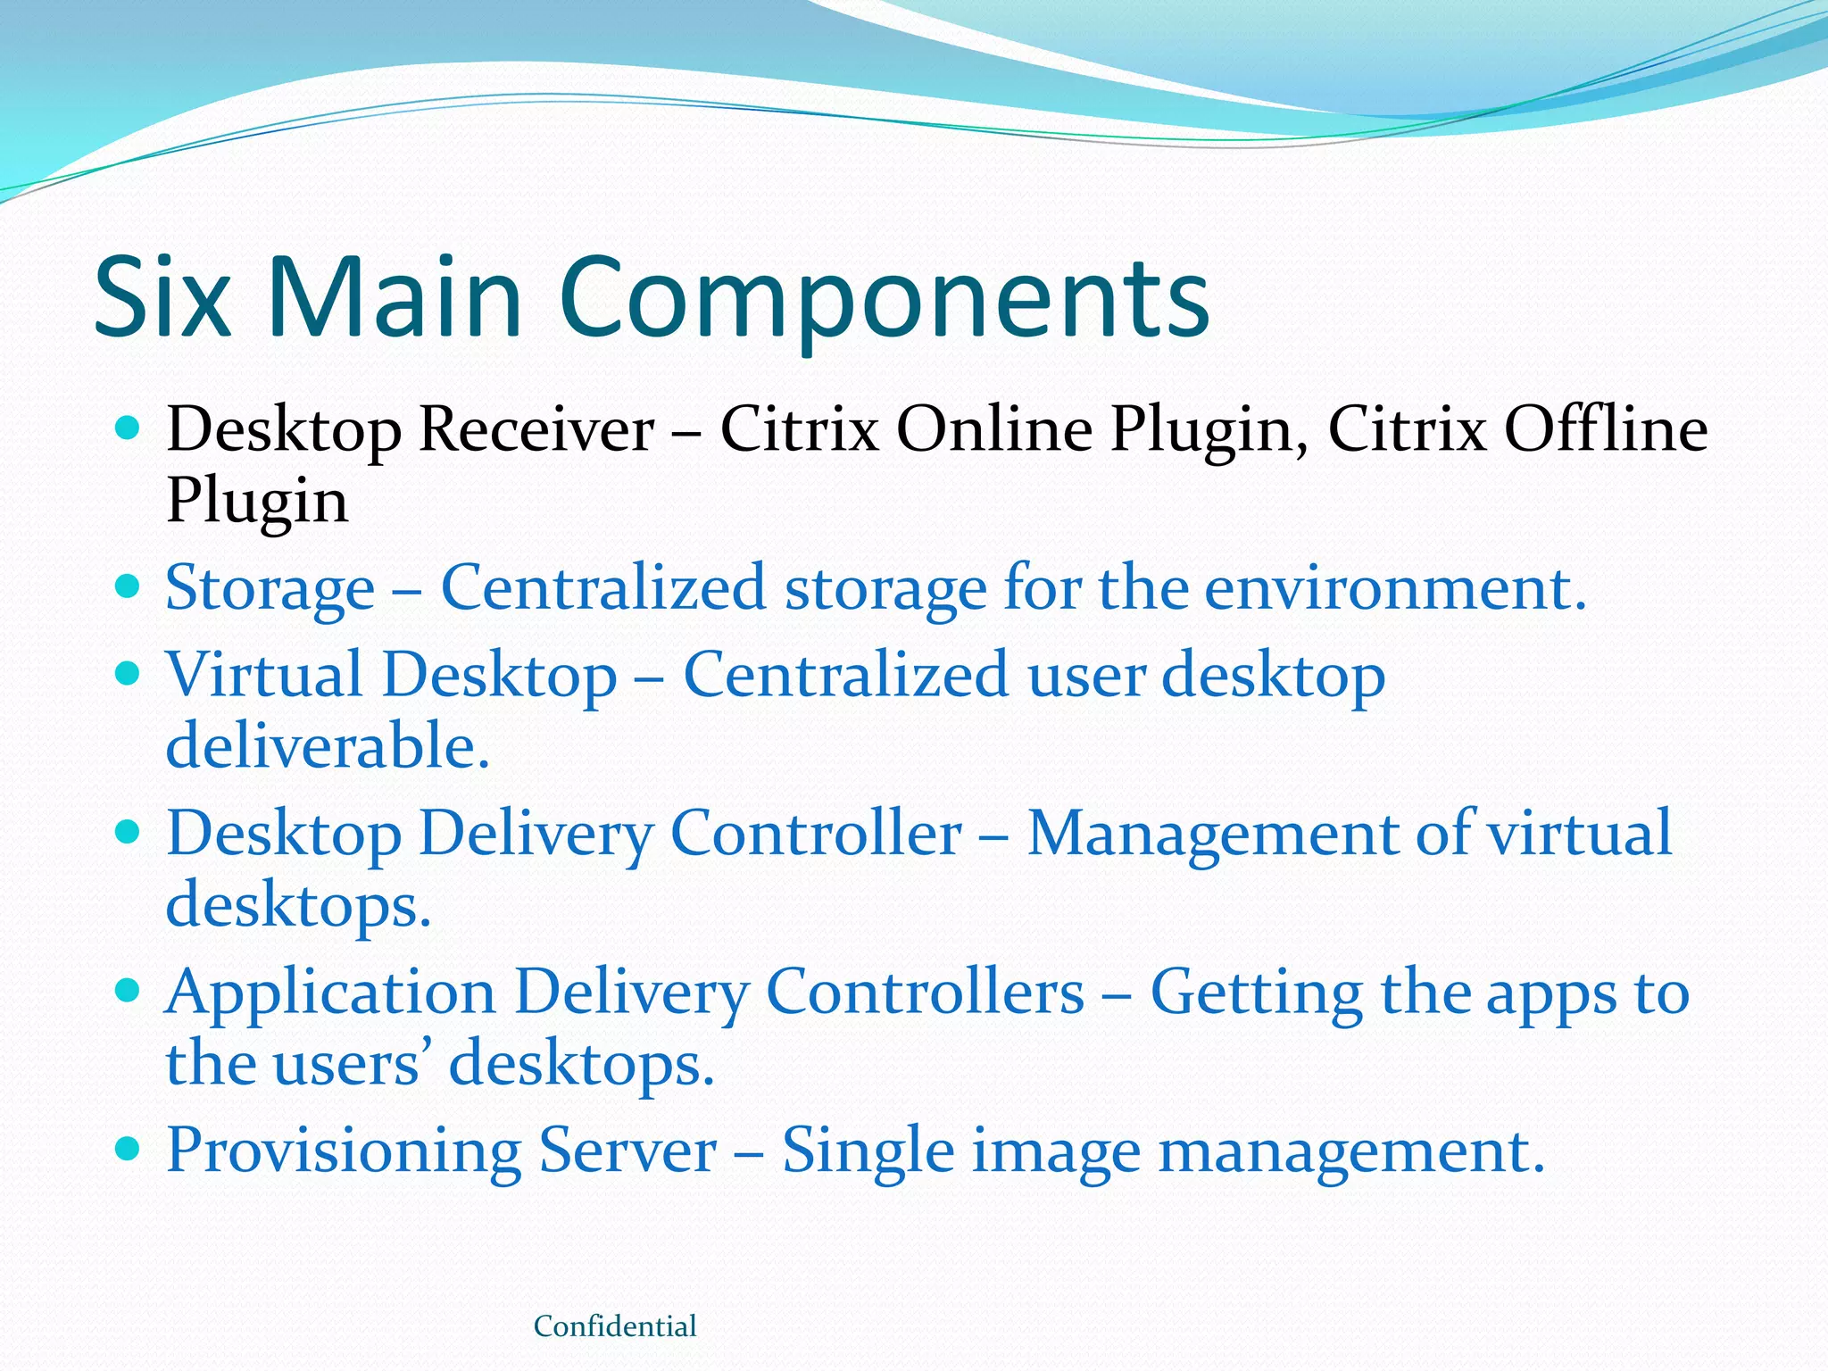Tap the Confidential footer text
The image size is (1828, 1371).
(615, 1326)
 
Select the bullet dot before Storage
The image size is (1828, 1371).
(129, 586)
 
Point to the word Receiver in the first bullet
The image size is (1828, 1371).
(536, 430)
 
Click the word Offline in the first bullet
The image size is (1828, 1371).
(1605, 430)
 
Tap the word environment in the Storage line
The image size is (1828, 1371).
(1395, 589)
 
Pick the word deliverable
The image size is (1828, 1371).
(328, 746)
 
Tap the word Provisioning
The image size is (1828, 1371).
(344, 1151)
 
